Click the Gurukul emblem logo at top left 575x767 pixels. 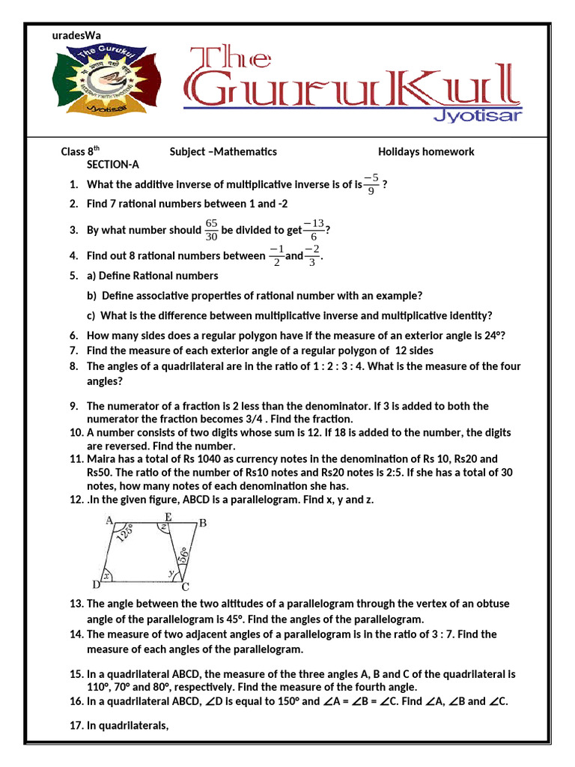point(105,80)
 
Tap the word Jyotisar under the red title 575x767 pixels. point(478,115)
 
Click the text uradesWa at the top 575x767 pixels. point(76,34)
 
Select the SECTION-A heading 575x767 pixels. point(113,165)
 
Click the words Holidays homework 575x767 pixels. point(426,151)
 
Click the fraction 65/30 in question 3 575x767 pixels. point(211,230)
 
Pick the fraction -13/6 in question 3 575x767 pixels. point(314,230)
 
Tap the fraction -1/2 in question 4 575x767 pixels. point(276,256)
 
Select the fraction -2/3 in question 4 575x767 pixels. point(312,256)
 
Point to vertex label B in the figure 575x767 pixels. point(203,523)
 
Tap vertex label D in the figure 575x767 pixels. point(96,584)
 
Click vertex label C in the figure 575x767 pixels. point(185,586)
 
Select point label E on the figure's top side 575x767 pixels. point(168,517)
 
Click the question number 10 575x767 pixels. point(76,432)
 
